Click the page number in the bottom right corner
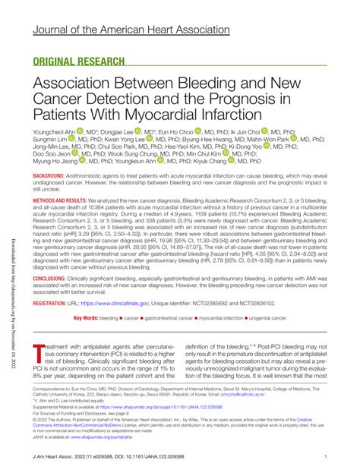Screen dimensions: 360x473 pyautogui.click(x=325, y=456)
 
